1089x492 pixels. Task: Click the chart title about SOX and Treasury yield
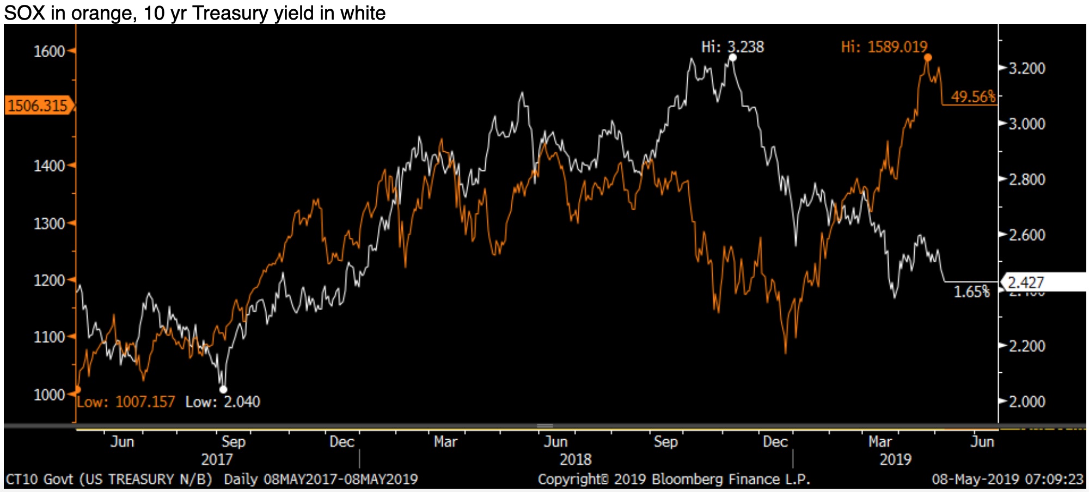[x=194, y=13]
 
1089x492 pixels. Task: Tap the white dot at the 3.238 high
[x=732, y=58]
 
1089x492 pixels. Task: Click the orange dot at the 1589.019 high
[x=928, y=58]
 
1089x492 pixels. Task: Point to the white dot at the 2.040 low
[x=223, y=389]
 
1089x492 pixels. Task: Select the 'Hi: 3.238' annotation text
[x=732, y=47]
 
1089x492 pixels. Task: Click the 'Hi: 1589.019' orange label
[x=884, y=47]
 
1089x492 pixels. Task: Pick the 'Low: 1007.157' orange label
[x=126, y=402]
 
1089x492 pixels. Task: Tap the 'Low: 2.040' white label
[x=223, y=402]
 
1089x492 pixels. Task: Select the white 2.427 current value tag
[x=1026, y=282]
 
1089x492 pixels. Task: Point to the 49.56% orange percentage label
[x=972, y=97]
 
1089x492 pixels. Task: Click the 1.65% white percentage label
[x=971, y=292]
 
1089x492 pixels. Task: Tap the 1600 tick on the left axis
[x=49, y=52]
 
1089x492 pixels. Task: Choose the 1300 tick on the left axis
[x=49, y=224]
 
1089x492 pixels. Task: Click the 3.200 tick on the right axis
[x=1027, y=69]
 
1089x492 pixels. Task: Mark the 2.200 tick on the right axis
[x=1027, y=346]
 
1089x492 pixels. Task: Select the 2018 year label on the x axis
[x=576, y=460]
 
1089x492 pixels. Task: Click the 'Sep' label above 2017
[x=233, y=441]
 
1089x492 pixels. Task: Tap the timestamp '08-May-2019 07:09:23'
[x=1007, y=479]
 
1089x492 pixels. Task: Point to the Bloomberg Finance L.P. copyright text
[x=674, y=479]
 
